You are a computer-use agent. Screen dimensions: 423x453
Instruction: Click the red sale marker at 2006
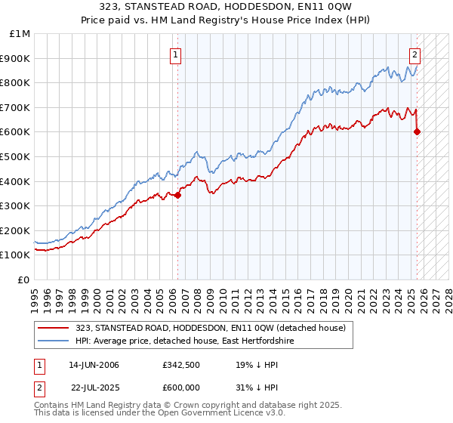pyautogui.click(x=178, y=196)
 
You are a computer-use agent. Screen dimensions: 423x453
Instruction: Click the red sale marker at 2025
pyautogui.click(x=418, y=132)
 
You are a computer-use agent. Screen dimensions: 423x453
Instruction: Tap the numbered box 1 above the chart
pyautogui.click(x=175, y=54)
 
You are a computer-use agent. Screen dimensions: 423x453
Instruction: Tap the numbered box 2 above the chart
pyautogui.click(x=414, y=54)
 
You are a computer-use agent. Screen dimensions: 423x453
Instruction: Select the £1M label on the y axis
pyautogui.click(x=20, y=33)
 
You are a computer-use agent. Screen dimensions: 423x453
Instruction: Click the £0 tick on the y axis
pyautogui.click(x=24, y=279)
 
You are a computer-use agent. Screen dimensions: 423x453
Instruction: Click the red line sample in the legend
pyautogui.click(x=54, y=328)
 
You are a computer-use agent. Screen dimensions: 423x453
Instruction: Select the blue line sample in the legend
pyautogui.click(x=54, y=341)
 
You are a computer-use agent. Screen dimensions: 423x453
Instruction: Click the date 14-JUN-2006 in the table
pyautogui.click(x=94, y=365)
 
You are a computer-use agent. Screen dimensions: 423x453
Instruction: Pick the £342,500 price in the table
pyautogui.click(x=180, y=365)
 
